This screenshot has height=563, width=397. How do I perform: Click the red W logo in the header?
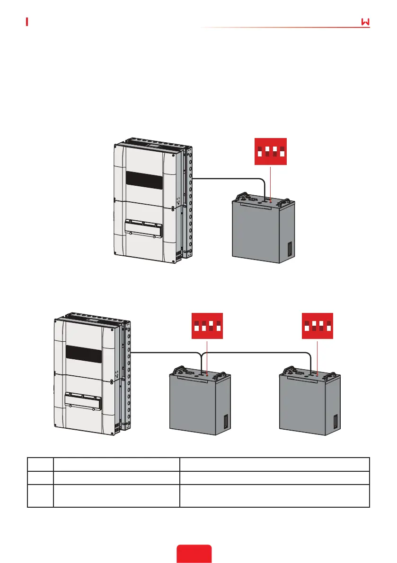point(365,23)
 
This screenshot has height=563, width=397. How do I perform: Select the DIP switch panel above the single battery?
point(270,152)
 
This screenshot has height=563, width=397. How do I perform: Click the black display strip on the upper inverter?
point(144,180)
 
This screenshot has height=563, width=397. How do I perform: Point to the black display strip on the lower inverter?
point(84,353)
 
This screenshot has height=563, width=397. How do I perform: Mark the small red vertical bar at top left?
point(27,22)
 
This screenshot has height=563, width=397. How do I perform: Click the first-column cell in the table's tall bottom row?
point(40,495)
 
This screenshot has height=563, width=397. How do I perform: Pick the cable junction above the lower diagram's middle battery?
point(202,353)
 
